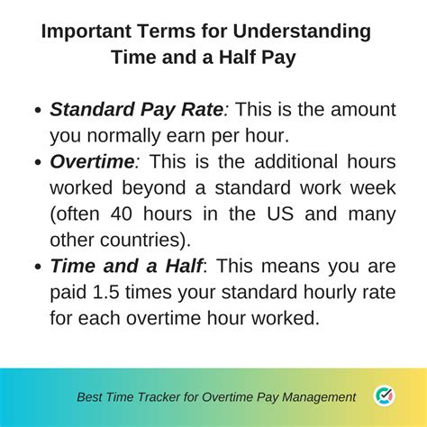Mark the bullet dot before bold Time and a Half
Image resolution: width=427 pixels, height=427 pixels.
[37, 268]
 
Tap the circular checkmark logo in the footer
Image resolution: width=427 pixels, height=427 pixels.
[383, 395]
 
